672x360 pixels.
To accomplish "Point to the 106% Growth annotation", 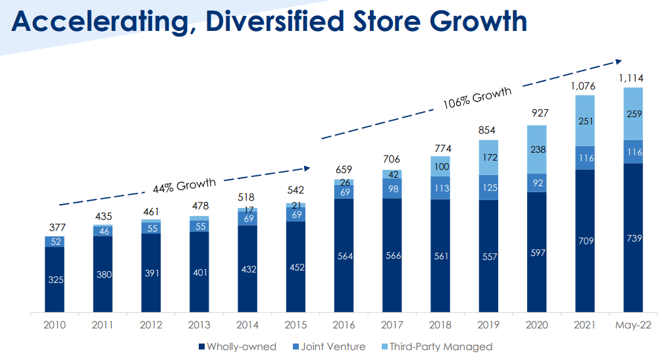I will coord(477,99).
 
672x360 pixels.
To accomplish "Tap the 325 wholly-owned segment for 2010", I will coord(55,279).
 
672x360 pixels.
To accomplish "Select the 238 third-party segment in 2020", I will coord(536,149).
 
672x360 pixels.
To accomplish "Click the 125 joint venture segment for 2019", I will coord(488,188).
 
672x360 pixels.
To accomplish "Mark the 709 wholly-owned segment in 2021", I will coord(584,241).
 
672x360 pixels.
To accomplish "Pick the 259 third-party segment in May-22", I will coord(633,114).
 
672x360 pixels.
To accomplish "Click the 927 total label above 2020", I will coord(536,113).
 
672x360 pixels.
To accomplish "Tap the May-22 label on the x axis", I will coord(633,326).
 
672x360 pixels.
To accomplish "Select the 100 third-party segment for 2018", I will coord(440,166).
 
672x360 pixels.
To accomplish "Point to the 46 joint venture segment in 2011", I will coord(103,231).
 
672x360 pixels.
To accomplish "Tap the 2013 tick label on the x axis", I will coord(199,326).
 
